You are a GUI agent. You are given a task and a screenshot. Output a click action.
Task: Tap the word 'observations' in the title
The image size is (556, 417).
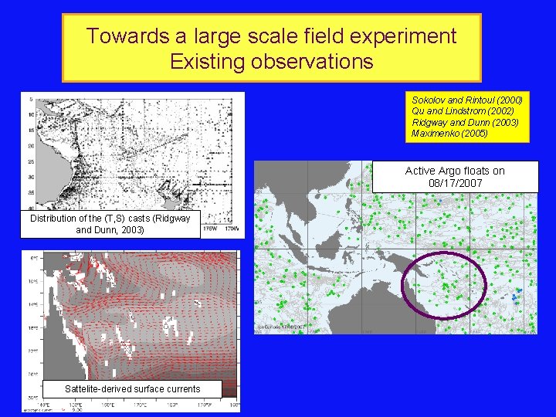[x=311, y=61]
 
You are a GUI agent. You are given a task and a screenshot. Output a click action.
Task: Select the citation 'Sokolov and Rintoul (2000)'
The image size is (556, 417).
[x=466, y=100]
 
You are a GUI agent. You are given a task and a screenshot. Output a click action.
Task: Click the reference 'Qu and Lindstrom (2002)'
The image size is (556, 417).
[x=461, y=111]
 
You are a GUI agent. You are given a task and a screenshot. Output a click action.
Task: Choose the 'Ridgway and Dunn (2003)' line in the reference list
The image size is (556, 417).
[x=465, y=123]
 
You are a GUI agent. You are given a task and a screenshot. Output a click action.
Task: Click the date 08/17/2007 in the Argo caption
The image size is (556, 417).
[x=456, y=183]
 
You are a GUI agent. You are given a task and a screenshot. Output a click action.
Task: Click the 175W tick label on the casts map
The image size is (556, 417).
[x=210, y=228]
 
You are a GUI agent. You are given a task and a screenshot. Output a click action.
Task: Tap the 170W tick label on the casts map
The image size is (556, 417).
[x=230, y=228]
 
